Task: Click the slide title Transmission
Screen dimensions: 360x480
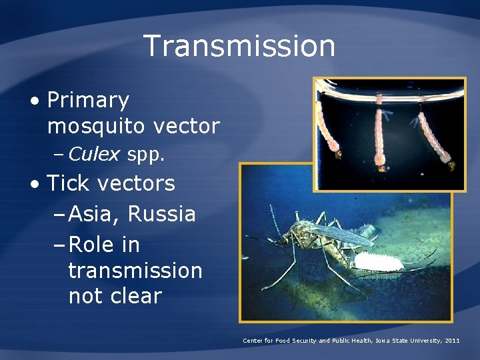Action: click(239, 46)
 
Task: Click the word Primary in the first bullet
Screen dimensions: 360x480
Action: click(88, 101)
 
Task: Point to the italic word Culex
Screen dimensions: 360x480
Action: click(94, 155)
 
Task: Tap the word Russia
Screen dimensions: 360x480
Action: click(161, 215)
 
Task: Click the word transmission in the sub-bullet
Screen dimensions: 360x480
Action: click(135, 271)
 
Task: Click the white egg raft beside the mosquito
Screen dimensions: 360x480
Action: click(378, 261)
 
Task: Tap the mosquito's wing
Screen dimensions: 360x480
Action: click(340, 233)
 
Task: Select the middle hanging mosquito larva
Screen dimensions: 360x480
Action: click(381, 133)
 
